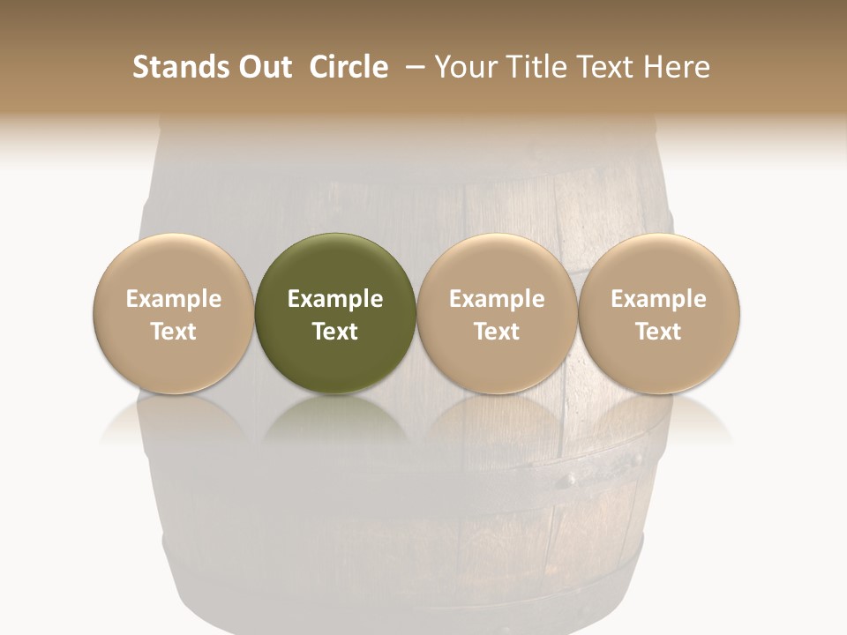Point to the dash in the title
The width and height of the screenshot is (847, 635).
(412, 67)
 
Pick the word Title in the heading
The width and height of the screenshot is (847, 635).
(539, 67)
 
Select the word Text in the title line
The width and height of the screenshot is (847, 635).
(607, 67)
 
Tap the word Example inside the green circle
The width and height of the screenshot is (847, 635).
(335, 299)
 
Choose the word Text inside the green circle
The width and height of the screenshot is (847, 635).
(335, 332)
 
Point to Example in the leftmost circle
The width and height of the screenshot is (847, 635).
(174, 299)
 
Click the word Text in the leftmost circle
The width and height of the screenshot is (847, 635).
(174, 332)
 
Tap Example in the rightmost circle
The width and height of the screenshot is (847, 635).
(659, 299)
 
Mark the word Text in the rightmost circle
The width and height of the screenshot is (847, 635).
(659, 332)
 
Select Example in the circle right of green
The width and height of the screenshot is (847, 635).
(497, 299)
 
